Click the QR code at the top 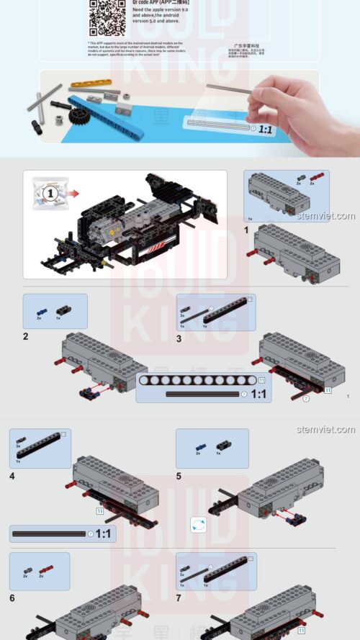coord(107,17)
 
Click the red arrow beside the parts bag coord(76,194)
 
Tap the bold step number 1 coord(246,230)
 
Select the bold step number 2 coord(26,336)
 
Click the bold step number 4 coord(12,475)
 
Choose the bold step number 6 coord(12,598)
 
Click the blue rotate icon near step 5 coord(199,525)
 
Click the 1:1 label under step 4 coord(103,533)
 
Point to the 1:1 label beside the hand coord(265,130)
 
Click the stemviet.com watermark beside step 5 coord(325,430)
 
